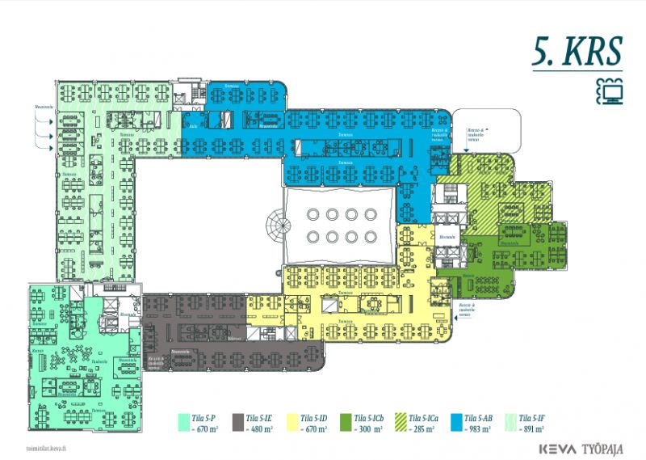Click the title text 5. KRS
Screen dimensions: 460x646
[577, 51]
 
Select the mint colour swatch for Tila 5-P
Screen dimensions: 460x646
[184, 421]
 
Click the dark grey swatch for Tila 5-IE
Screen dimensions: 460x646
[238, 421]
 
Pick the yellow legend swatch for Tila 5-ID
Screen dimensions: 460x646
[292, 421]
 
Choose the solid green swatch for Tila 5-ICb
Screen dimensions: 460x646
[346, 421]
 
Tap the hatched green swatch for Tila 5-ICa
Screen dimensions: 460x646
[400, 421]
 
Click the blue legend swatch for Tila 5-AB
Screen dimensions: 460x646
[454, 421]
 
